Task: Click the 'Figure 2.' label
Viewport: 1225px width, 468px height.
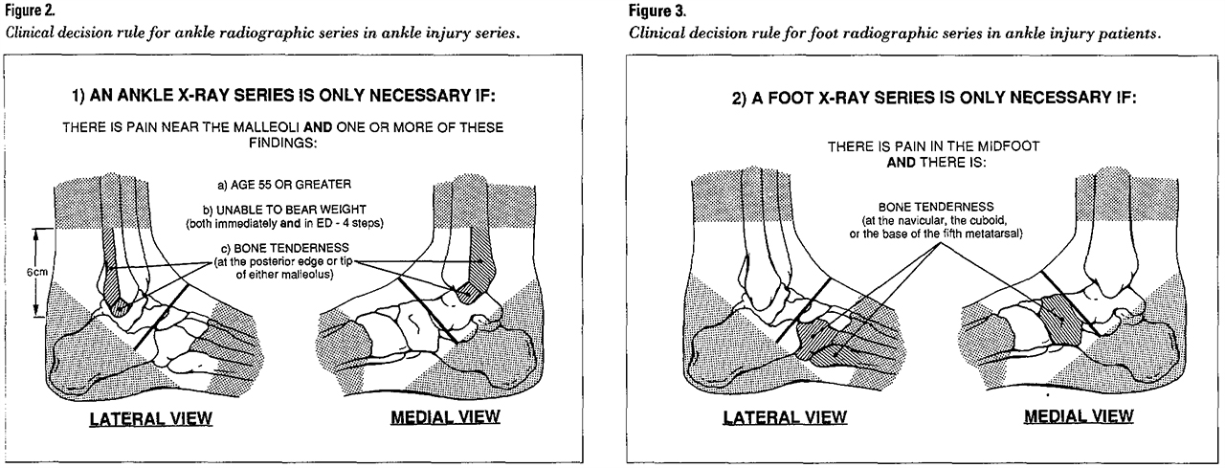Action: [x=31, y=11]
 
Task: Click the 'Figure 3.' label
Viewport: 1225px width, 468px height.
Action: [x=657, y=11]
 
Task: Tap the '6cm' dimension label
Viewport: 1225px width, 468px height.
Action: [x=37, y=272]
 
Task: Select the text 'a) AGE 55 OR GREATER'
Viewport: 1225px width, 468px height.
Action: [x=284, y=185]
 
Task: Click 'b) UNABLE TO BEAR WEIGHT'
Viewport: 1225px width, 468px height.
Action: [x=284, y=210]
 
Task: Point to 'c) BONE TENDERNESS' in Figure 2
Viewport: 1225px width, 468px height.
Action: [x=284, y=248]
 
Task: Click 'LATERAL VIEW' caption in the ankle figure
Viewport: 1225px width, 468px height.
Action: [x=151, y=419]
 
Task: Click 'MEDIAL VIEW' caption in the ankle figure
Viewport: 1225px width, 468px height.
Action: [x=445, y=417]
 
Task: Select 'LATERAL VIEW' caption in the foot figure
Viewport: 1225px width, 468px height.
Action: [x=785, y=417]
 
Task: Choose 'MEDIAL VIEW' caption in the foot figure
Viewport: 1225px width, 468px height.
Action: [x=1079, y=416]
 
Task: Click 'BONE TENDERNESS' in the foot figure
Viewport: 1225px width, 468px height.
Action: [x=936, y=208]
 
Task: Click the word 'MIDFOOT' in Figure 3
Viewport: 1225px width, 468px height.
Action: [x=1012, y=146]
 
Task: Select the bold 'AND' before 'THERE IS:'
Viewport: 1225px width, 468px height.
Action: [x=902, y=163]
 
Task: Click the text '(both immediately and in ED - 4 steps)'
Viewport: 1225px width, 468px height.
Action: [x=285, y=224]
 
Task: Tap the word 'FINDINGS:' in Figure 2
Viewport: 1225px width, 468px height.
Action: [x=283, y=144]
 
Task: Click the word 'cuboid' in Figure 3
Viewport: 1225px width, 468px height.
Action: [x=989, y=221]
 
